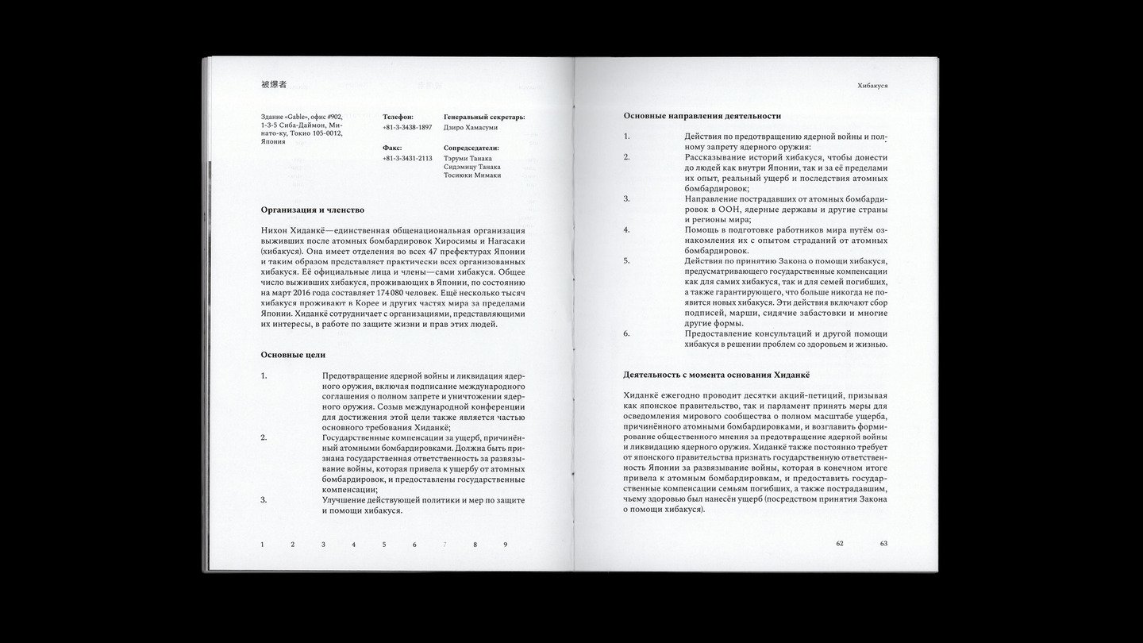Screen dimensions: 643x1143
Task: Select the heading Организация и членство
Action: [312, 210]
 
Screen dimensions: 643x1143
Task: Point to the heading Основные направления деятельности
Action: [702, 116]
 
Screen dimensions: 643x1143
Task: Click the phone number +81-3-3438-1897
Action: [407, 127]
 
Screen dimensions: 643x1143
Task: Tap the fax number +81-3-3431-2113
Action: [407, 158]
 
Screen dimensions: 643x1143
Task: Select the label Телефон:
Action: [398, 117]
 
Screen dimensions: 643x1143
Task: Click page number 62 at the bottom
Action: [840, 544]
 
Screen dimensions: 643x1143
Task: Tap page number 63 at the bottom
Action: [883, 544]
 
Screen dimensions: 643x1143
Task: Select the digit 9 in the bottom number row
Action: [505, 545]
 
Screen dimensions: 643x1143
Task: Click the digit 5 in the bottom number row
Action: [384, 545]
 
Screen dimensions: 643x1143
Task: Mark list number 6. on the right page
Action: [626, 333]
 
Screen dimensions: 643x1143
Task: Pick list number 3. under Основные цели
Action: [264, 500]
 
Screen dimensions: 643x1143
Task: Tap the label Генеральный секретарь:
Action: [484, 117]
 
